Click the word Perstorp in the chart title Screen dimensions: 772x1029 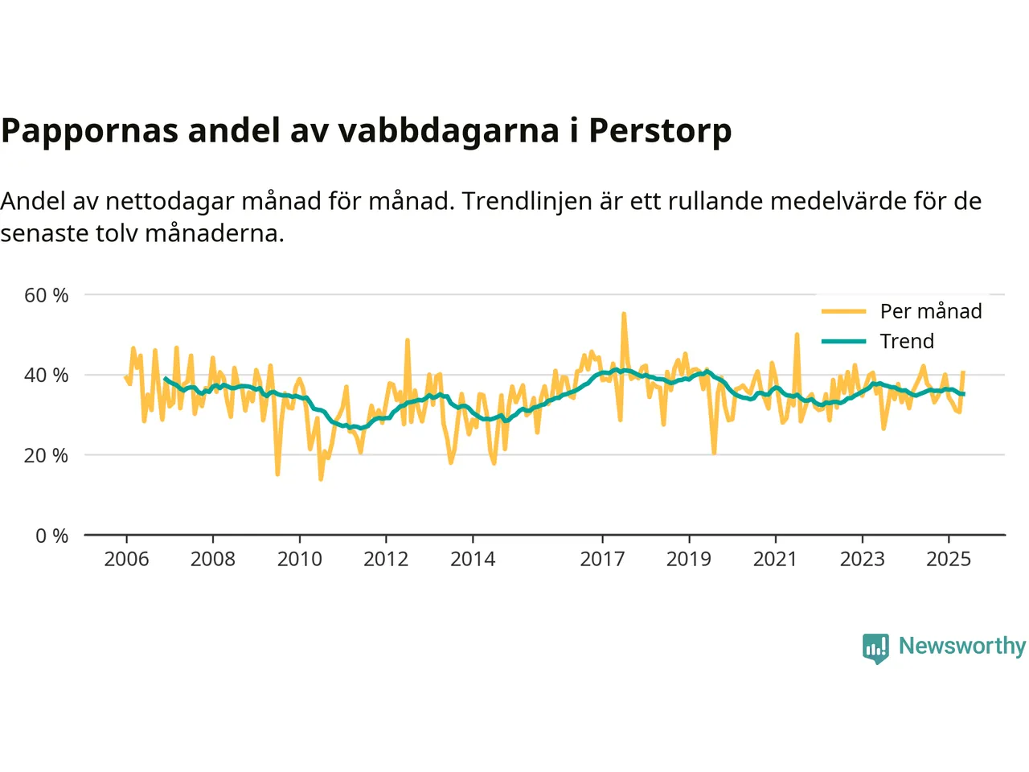pyautogui.click(x=660, y=130)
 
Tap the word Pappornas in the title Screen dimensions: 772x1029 pyautogui.click(x=89, y=130)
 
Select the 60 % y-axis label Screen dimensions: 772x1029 pyautogui.click(x=47, y=295)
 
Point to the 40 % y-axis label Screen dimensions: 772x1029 pyautogui.click(x=47, y=375)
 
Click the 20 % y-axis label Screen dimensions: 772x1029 pyautogui.click(x=47, y=455)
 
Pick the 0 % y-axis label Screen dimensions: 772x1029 pyautogui.click(x=52, y=536)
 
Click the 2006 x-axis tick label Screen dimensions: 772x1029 pyautogui.click(x=126, y=559)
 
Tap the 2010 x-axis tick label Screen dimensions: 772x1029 pyautogui.click(x=300, y=559)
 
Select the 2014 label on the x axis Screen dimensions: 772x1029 pyautogui.click(x=473, y=559)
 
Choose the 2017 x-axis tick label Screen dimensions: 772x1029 pyautogui.click(x=602, y=559)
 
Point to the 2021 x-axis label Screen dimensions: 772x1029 pyautogui.click(x=775, y=559)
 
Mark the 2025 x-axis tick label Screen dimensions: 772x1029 pyautogui.click(x=949, y=559)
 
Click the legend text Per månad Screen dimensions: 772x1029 pyautogui.click(x=931, y=311)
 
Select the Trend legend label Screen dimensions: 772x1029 pyautogui.click(x=907, y=341)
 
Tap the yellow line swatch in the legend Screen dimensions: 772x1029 pyautogui.click(x=843, y=311)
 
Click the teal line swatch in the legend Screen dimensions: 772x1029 pyautogui.click(x=843, y=341)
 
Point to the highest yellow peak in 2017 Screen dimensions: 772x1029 pyautogui.click(x=624, y=314)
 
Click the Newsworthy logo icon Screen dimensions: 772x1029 pyautogui.click(x=875, y=647)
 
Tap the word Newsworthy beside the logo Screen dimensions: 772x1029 pyautogui.click(x=961, y=646)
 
